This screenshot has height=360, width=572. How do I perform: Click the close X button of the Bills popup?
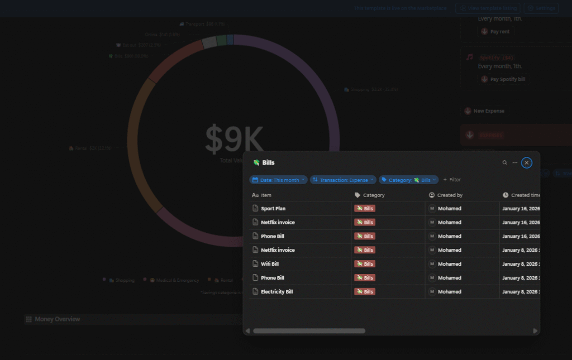click(527, 162)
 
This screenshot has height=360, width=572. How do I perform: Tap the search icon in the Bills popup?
click(505, 162)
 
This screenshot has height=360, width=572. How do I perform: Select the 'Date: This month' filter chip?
click(278, 180)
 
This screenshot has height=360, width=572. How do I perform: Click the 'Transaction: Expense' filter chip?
click(343, 180)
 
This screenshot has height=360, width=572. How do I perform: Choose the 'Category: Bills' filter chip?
click(408, 180)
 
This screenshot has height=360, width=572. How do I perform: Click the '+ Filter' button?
click(452, 180)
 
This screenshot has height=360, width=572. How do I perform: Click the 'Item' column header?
click(266, 195)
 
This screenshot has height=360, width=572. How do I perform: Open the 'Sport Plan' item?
click(273, 208)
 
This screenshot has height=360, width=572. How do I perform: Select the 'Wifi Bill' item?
click(270, 264)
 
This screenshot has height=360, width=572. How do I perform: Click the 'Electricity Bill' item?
click(277, 291)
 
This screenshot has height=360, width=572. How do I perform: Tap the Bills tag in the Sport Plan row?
click(365, 208)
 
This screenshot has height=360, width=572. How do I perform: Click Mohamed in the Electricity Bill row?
click(449, 291)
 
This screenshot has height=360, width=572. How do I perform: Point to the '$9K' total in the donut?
click(233, 140)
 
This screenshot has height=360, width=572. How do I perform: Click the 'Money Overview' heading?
click(57, 319)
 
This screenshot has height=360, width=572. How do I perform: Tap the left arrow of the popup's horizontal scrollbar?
click(248, 331)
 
